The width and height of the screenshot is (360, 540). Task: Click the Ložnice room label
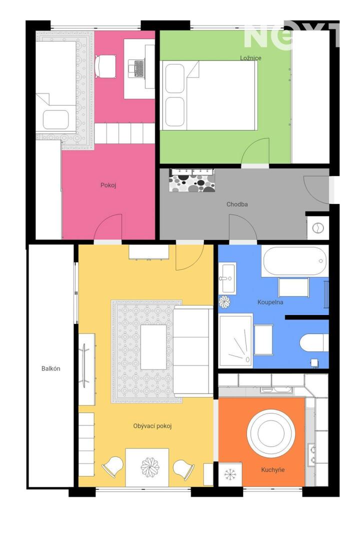click(250, 58)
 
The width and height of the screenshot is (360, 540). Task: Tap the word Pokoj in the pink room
click(108, 185)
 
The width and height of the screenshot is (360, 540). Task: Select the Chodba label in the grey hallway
click(237, 204)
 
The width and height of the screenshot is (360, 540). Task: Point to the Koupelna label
click(270, 302)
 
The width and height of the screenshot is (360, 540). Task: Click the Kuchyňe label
click(273, 469)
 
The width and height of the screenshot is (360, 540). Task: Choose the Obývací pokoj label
click(152, 426)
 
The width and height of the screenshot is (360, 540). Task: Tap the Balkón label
click(51, 368)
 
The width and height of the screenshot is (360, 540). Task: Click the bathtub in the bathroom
click(294, 260)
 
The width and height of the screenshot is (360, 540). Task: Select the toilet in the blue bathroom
click(314, 342)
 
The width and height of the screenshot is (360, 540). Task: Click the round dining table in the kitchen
click(271, 433)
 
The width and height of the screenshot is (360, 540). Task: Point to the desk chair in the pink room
click(105, 66)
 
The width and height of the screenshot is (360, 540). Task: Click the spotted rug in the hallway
click(192, 180)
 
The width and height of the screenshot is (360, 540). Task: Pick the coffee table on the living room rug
click(153, 347)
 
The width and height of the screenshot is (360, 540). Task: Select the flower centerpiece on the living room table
click(150, 467)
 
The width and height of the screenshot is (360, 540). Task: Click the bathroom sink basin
click(227, 278)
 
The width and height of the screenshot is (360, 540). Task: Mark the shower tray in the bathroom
click(235, 340)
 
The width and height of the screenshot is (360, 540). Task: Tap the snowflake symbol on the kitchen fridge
click(230, 474)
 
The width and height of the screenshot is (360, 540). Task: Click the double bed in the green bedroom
click(209, 95)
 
